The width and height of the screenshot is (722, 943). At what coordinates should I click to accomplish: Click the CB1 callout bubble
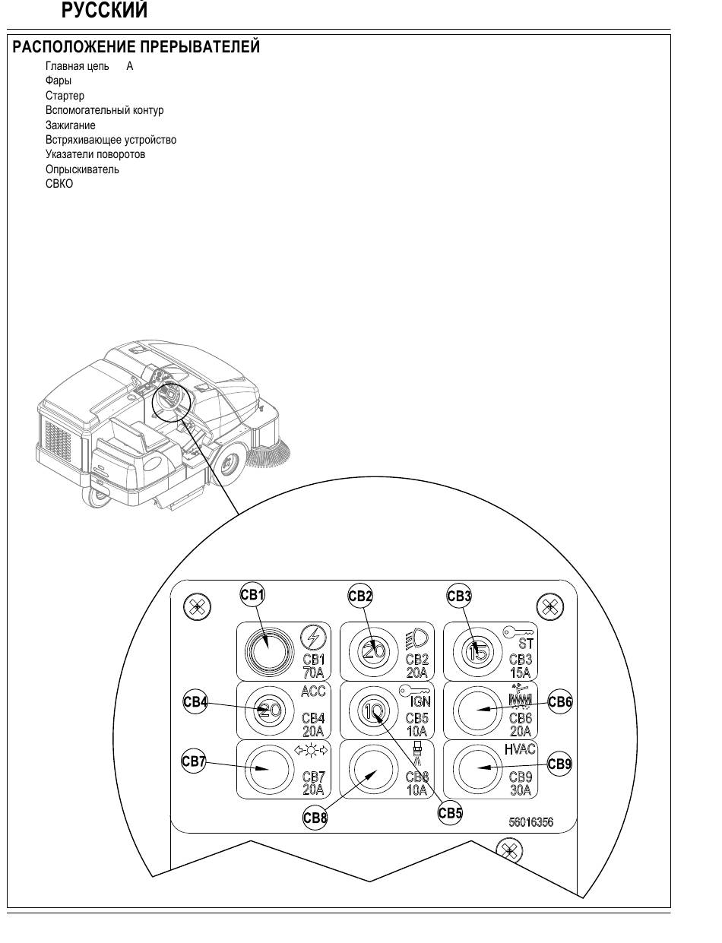(x=252, y=594)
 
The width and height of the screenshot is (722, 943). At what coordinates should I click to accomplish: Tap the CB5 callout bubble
(x=450, y=813)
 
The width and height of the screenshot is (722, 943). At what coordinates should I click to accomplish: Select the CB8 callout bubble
(x=315, y=818)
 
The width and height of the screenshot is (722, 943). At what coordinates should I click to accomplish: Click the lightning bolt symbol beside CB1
(x=313, y=638)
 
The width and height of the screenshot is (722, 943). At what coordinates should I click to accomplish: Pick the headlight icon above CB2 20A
(x=417, y=639)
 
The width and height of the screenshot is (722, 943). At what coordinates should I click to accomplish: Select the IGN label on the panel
(x=420, y=701)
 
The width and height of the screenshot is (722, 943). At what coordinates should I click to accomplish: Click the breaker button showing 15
(x=477, y=651)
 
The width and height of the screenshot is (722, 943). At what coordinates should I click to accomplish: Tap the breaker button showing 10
(x=373, y=710)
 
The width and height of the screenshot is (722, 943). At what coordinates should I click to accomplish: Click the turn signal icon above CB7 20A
(x=312, y=750)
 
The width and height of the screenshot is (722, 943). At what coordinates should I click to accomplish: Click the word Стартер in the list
(x=65, y=96)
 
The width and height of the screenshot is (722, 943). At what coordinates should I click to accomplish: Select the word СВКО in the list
(x=59, y=184)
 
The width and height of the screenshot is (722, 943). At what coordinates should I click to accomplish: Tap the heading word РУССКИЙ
(x=105, y=11)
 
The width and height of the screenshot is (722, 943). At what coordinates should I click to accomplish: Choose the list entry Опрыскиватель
(x=82, y=169)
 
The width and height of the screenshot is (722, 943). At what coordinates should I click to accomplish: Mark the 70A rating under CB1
(x=313, y=673)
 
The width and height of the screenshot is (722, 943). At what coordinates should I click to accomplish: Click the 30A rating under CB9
(x=521, y=790)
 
